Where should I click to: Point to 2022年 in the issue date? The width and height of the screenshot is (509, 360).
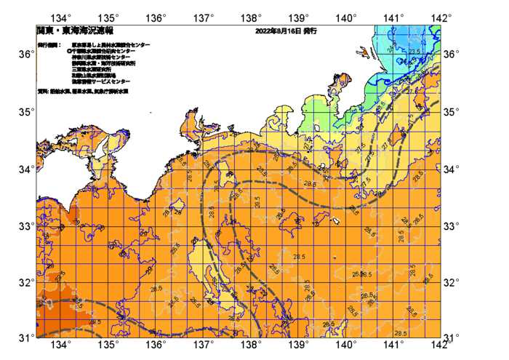[266, 31]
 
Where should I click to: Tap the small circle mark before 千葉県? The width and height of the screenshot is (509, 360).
[68, 51]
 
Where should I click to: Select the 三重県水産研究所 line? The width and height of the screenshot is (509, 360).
[91, 69]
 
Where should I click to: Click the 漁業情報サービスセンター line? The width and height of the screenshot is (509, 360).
[101, 81]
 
